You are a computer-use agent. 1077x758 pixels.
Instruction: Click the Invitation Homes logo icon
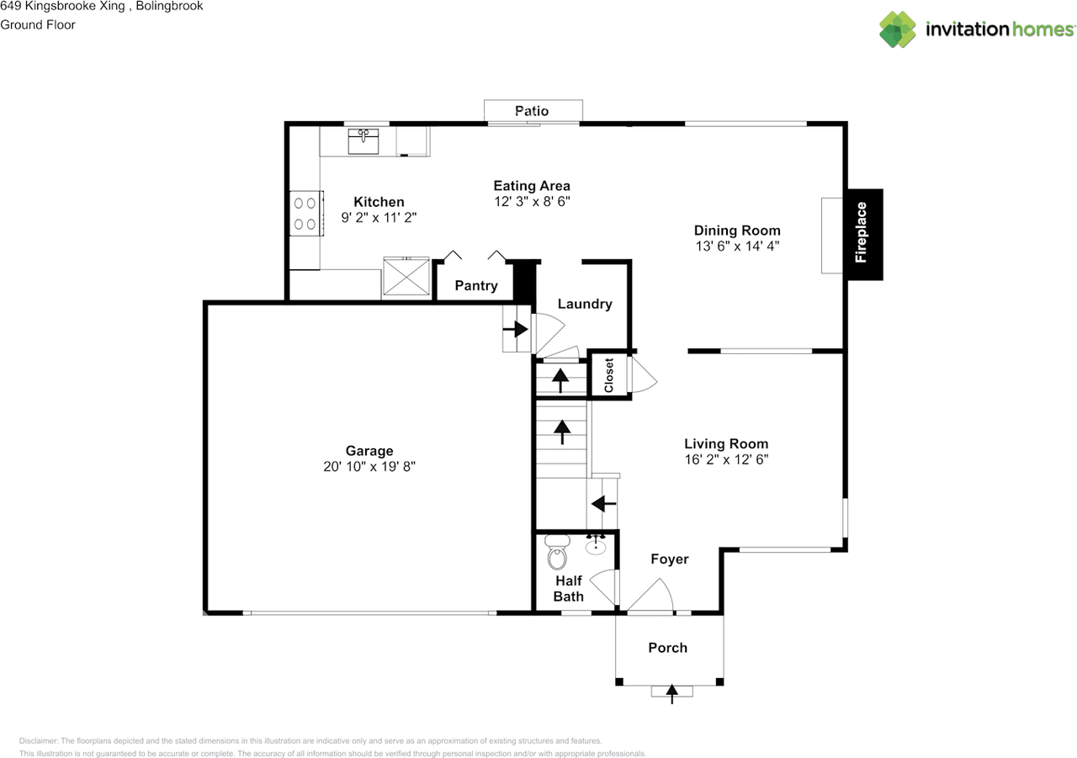pos(898,29)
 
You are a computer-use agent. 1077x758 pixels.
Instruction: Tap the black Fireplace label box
pos(864,234)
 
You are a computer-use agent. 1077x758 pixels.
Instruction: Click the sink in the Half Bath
pos(597,545)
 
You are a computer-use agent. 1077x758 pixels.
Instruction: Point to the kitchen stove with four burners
pos(305,213)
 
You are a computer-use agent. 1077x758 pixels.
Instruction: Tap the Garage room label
pos(369,451)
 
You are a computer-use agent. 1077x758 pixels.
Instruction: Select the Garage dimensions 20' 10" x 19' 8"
pos(369,467)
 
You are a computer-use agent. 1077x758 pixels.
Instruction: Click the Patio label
pos(532,111)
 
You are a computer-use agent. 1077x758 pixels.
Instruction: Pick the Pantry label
pos(476,286)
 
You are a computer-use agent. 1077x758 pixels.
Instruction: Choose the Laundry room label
pos(584,304)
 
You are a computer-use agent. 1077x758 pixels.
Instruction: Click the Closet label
pos(609,375)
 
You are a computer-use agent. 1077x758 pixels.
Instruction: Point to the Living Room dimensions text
pos(725,460)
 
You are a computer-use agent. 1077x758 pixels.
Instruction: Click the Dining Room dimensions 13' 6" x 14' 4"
pos(736,246)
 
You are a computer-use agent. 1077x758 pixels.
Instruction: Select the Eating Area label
pos(531,186)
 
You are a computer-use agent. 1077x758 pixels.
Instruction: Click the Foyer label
pos(669,559)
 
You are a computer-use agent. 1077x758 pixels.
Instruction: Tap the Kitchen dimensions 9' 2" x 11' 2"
pos(379,217)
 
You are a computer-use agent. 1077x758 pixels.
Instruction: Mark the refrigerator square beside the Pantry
pos(407,277)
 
